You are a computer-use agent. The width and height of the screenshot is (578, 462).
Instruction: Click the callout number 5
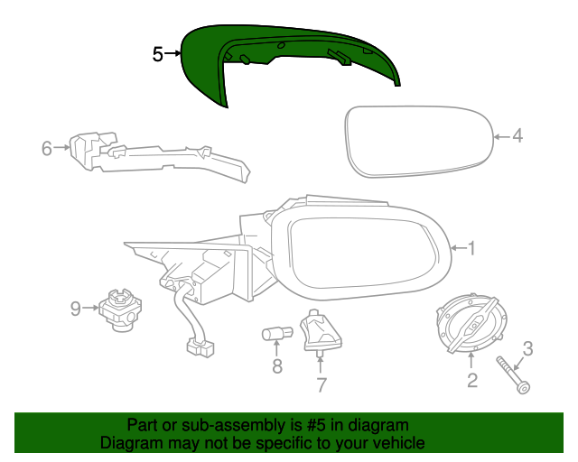point(157,54)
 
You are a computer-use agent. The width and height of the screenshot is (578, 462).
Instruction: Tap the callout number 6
point(47,148)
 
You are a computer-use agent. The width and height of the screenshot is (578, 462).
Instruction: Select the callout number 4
point(517,135)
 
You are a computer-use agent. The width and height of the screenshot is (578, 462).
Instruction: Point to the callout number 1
point(471,248)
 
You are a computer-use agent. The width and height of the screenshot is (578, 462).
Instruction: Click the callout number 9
point(76,309)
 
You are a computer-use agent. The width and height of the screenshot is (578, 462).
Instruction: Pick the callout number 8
point(277,365)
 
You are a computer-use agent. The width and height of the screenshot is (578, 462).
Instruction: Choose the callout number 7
point(322,385)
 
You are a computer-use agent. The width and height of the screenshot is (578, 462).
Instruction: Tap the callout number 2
point(472,380)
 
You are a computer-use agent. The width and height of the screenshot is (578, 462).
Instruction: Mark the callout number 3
point(527,348)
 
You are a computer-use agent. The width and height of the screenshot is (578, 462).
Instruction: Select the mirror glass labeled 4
point(419,142)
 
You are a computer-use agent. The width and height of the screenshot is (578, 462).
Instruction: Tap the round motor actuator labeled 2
point(471,323)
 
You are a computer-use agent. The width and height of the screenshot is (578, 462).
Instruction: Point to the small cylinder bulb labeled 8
point(277,334)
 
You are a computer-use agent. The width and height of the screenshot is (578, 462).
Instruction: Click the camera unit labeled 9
point(120,310)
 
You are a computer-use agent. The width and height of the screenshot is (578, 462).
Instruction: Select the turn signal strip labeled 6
point(160,158)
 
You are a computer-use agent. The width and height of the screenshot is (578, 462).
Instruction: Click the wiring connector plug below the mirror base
point(200,348)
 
